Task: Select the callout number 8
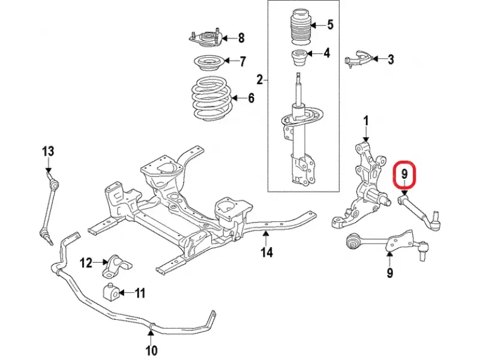(x=241, y=39)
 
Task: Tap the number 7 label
(x=242, y=61)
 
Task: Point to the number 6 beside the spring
(x=251, y=98)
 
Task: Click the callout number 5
(x=329, y=25)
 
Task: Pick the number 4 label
(x=326, y=53)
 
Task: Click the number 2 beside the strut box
(x=260, y=79)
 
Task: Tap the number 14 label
(x=266, y=253)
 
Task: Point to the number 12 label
(x=86, y=262)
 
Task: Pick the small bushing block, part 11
(x=112, y=294)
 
